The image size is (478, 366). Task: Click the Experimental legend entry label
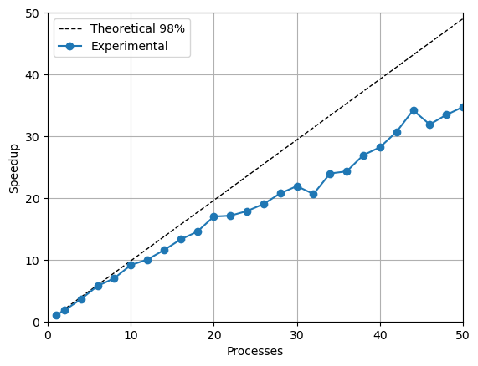click(x=130, y=47)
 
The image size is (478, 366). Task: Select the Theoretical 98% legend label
click(x=137, y=28)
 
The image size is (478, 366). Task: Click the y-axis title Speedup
click(x=13, y=168)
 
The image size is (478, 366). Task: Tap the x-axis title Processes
click(x=254, y=352)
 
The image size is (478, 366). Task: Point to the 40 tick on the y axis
click(x=33, y=75)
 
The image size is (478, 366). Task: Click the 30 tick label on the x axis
click(x=296, y=335)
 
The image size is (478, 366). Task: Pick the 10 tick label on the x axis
click(x=131, y=335)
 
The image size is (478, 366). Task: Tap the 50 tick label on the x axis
click(x=462, y=335)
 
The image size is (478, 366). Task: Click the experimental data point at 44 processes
click(x=414, y=110)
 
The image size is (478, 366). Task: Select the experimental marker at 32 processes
click(x=313, y=194)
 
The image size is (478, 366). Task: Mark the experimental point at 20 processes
click(x=213, y=216)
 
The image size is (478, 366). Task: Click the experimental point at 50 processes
click(x=462, y=107)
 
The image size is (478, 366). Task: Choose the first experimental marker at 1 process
click(x=56, y=315)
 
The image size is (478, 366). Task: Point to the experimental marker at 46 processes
click(x=429, y=125)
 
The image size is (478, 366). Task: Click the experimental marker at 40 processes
click(x=380, y=147)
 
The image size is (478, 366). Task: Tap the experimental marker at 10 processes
click(x=131, y=265)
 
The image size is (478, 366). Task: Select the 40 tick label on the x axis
click(x=380, y=335)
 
